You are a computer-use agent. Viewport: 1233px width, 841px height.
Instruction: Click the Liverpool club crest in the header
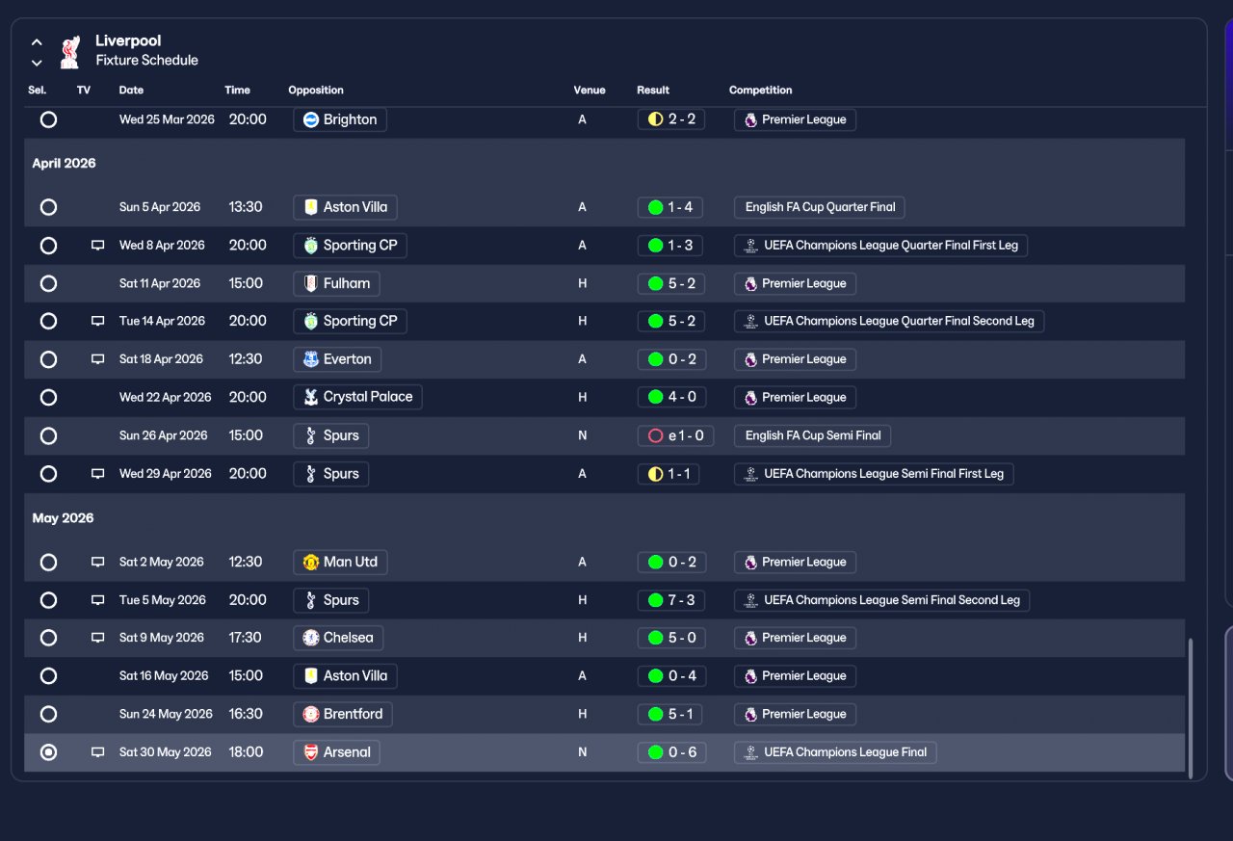click(70, 52)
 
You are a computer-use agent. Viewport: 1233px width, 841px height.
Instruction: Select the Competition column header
click(760, 90)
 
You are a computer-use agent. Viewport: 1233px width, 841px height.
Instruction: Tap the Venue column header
click(589, 90)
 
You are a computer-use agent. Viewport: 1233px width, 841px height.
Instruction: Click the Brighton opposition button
click(340, 119)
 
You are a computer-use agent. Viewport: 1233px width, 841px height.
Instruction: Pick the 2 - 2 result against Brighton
click(671, 118)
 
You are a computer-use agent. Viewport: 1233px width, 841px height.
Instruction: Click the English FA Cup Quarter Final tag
click(819, 207)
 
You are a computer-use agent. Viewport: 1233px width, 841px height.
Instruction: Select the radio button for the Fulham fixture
click(48, 283)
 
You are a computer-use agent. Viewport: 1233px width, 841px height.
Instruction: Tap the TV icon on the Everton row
click(97, 359)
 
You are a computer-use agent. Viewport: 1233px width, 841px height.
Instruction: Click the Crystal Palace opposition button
click(357, 397)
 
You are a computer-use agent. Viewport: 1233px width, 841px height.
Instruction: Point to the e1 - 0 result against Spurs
click(675, 435)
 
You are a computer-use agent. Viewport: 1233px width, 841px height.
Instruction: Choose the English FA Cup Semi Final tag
click(812, 435)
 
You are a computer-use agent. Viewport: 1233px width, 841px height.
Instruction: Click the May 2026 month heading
click(63, 518)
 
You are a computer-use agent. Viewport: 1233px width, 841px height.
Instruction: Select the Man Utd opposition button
click(340, 562)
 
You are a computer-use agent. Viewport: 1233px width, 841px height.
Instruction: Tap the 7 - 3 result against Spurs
click(671, 600)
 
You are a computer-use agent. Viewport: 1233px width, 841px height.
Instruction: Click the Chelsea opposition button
click(338, 638)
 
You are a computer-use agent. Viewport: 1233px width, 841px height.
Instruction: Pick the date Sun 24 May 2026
click(166, 714)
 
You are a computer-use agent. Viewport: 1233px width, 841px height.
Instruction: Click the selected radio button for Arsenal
click(48, 751)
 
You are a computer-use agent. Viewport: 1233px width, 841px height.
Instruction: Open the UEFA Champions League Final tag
click(835, 751)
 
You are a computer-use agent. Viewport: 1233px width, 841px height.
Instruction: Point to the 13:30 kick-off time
click(246, 207)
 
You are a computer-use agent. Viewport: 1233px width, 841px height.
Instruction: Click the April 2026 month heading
click(64, 163)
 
